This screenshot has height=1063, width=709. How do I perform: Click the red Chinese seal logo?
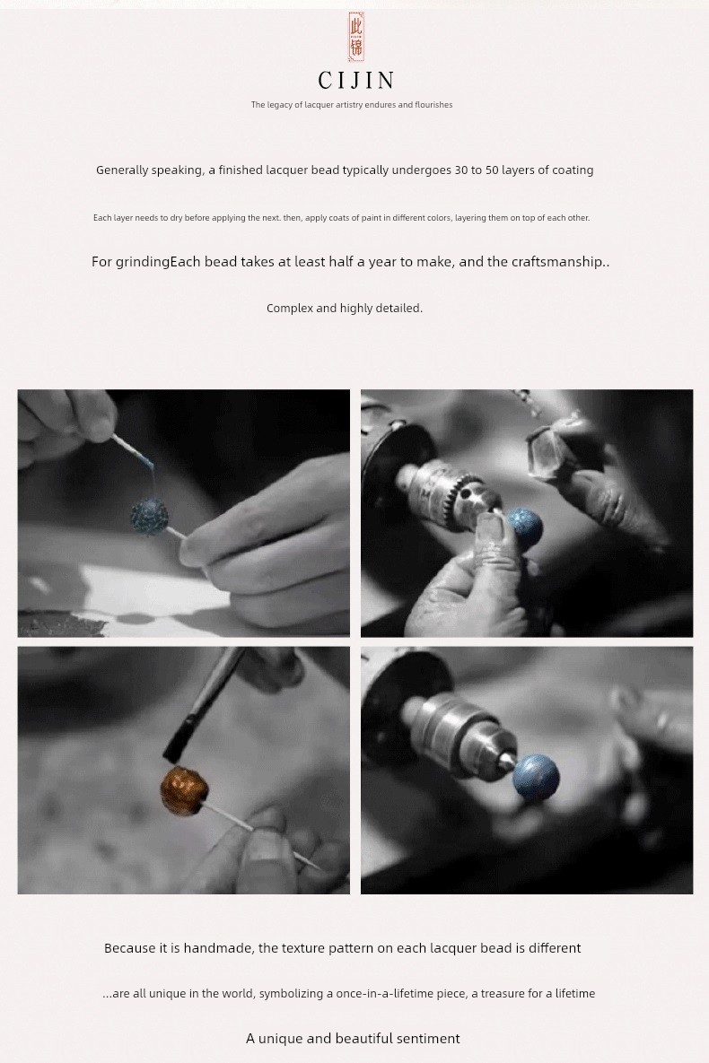click(x=356, y=37)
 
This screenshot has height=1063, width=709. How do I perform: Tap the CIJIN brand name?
click(x=356, y=81)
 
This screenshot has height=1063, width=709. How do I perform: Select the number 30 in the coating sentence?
click(x=460, y=170)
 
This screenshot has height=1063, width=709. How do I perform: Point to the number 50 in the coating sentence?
click(x=492, y=170)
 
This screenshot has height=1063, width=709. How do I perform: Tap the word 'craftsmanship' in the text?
click(x=556, y=262)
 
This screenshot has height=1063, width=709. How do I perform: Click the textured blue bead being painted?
click(x=149, y=516)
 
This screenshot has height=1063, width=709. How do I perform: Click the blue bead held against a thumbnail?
click(x=525, y=527)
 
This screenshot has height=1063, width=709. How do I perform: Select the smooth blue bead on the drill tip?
click(x=535, y=776)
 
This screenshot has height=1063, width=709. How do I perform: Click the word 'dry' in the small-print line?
click(x=176, y=218)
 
